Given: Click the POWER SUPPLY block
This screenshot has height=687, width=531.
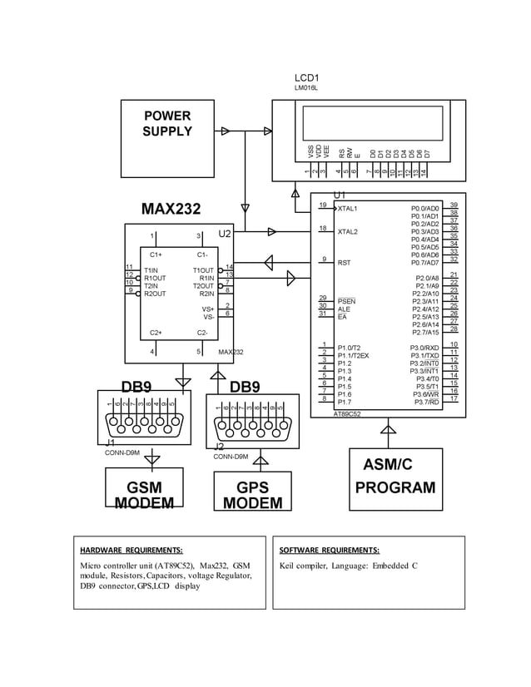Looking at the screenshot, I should coord(166,126).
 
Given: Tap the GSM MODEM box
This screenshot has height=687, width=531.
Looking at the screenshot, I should coord(144,493).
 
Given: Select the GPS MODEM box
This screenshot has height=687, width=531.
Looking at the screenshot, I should coord(252,494).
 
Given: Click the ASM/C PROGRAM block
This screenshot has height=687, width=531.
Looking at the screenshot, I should coord(395,477).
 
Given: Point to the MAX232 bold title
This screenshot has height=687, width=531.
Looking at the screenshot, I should coord(171,209).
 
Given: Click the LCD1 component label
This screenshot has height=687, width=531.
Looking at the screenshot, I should coord(307,77).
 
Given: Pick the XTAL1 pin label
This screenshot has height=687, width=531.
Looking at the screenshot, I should coord(347,209).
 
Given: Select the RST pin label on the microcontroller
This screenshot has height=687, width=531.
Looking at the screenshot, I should coord(344,262).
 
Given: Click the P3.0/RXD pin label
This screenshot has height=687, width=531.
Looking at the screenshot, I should coord(424,348).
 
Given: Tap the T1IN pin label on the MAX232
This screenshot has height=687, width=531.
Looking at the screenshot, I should coord(151,270).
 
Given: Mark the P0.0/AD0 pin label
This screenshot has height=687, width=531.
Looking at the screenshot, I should coord(424,209).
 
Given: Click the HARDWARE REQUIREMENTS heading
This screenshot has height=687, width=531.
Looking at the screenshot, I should coord(131,551).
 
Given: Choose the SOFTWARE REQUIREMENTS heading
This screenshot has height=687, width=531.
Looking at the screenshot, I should coord(329,551).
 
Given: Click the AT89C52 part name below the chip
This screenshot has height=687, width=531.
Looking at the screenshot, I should coord(347,413).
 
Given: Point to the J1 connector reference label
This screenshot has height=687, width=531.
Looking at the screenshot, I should coord(111,443).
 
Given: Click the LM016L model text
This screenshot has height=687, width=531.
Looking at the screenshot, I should coord(305,87).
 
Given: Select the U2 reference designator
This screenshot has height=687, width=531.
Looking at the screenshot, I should coord(224,235).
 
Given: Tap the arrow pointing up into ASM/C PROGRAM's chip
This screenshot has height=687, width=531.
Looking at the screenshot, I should coord(387,429).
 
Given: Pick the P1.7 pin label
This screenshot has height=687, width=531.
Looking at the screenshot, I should coord(345,403).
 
